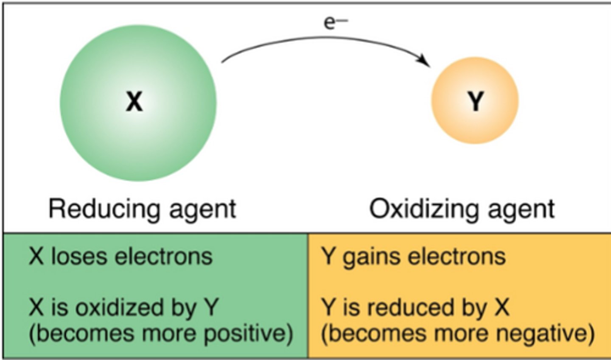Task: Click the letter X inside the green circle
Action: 134,102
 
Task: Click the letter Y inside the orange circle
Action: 475,102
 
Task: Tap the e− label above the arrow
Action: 335,22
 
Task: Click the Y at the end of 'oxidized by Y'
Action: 211,307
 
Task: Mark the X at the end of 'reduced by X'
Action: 502,307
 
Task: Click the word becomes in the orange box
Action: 359,334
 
